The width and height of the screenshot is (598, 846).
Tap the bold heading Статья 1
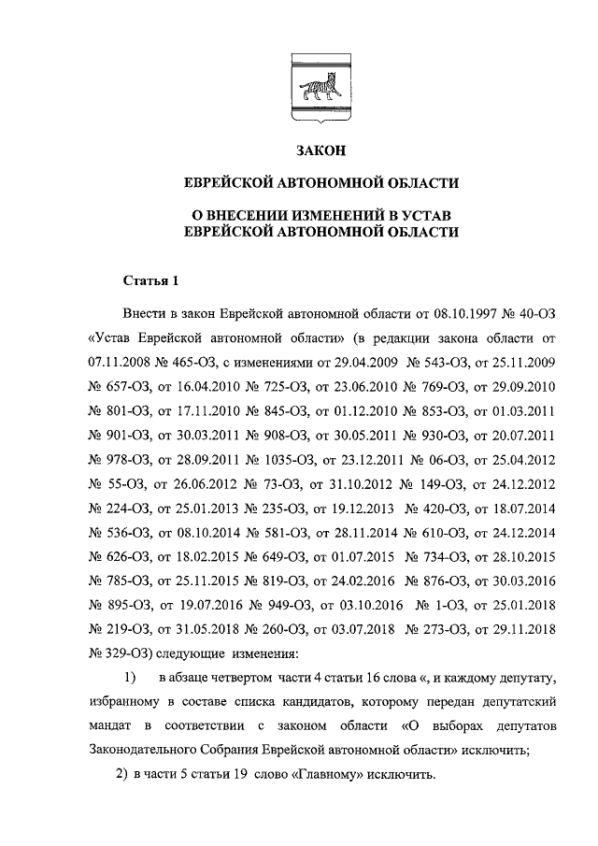point(149,280)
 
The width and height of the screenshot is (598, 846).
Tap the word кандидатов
point(340,701)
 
